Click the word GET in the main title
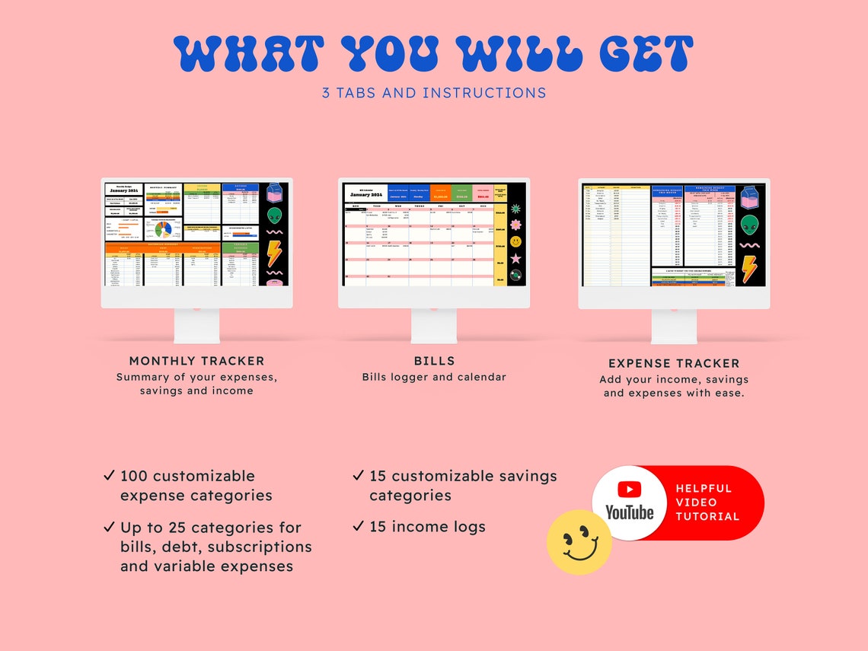click(x=646, y=54)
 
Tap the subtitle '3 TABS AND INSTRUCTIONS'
click(x=434, y=93)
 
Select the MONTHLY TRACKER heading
click(x=196, y=361)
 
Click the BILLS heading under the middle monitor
click(x=434, y=361)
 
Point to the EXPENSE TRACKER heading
click(x=674, y=363)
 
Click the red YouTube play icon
click(x=629, y=490)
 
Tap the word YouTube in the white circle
click(x=629, y=512)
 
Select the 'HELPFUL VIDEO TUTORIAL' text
click(x=707, y=503)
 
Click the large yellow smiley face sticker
click(x=579, y=542)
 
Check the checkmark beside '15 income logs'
click(x=358, y=526)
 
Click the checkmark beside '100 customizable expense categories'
click(x=109, y=476)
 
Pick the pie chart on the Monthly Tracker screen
click(x=162, y=228)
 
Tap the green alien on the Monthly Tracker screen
click(x=274, y=215)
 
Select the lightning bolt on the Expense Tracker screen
click(x=749, y=269)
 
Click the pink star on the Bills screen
click(x=515, y=258)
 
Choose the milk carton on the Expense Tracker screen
click(x=749, y=198)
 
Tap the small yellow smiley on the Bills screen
click(x=515, y=241)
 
